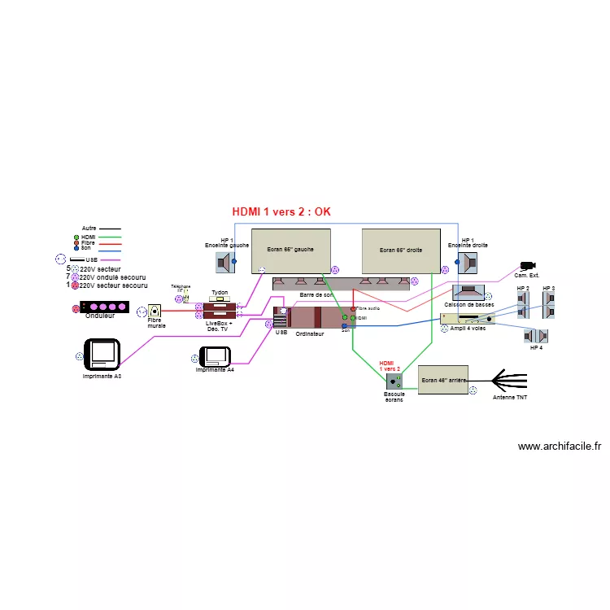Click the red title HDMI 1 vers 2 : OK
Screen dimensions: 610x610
tap(281, 211)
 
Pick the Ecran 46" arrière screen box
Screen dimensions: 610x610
tap(443, 379)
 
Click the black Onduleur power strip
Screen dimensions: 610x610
tap(103, 307)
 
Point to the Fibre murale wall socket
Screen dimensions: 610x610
tap(155, 311)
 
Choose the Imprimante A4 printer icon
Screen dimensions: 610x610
tap(216, 356)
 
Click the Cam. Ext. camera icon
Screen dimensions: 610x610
tap(528, 266)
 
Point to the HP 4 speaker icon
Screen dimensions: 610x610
tap(536, 336)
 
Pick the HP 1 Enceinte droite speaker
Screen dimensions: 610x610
tap(467, 262)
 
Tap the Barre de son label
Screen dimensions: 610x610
tap(316, 294)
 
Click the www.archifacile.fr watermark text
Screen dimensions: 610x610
tap(559, 446)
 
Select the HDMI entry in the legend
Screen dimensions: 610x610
tap(89, 237)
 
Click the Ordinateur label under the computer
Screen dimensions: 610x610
tap(309, 333)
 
